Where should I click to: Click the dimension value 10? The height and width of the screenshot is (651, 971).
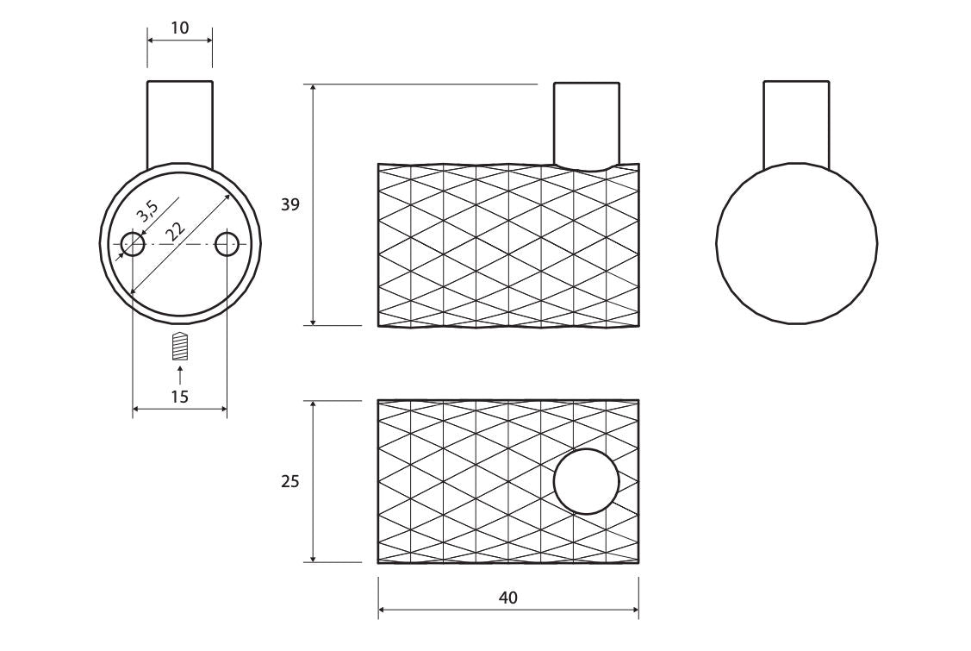coord(180,28)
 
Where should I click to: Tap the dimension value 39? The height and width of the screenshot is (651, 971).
coord(289,204)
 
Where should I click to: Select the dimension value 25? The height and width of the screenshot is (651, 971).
coord(289,481)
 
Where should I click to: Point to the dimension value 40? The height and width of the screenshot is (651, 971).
coord(507,598)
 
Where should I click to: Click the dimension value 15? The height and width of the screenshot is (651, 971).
coord(179,396)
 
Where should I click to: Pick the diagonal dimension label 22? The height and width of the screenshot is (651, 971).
coord(175,232)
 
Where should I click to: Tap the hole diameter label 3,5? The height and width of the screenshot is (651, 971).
coord(148,211)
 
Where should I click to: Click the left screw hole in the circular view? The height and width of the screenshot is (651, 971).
coord(133,244)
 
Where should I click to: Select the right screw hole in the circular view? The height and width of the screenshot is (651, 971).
coord(227,244)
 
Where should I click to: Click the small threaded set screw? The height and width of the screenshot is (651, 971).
coord(179,346)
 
